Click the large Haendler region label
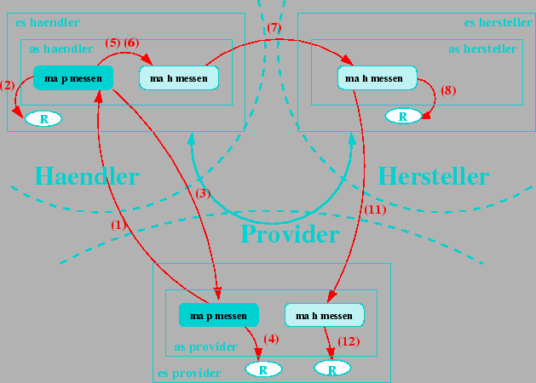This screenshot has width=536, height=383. [86, 176]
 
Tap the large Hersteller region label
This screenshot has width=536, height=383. [433, 176]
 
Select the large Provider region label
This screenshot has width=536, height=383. [290, 233]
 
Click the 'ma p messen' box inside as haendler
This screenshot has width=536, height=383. [73, 79]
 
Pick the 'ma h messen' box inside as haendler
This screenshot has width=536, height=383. [179, 78]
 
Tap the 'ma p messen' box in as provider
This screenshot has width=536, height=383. [218, 315]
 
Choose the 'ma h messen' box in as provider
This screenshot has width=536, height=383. [324, 316]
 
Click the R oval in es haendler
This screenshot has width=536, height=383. [43, 118]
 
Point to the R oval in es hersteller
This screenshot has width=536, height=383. [403, 115]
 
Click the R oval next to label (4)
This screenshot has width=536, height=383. [263, 369]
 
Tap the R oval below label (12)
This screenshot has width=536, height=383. [332, 369]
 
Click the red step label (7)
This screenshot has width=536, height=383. [273, 28]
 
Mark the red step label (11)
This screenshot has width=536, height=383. [375, 209]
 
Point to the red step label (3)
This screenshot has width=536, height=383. [203, 193]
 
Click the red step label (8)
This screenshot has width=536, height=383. [448, 89]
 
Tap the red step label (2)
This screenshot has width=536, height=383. [8, 84]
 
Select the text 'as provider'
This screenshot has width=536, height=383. [205, 346]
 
